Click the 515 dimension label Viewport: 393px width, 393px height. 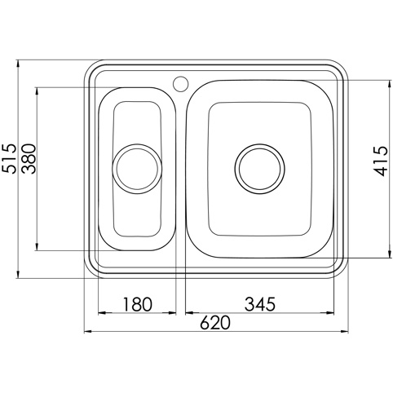point(9,158)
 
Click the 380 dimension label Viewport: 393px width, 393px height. point(29,159)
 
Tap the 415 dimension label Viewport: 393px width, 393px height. point(380,161)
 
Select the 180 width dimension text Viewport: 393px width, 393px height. point(137,304)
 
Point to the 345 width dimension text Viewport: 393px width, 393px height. point(260,304)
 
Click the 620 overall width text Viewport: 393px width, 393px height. point(215,323)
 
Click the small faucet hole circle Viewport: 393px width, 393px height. point(180,83)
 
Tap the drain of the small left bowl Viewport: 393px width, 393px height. point(137,169)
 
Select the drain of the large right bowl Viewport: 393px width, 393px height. point(260,169)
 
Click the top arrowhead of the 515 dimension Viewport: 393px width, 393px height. point(18,64)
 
